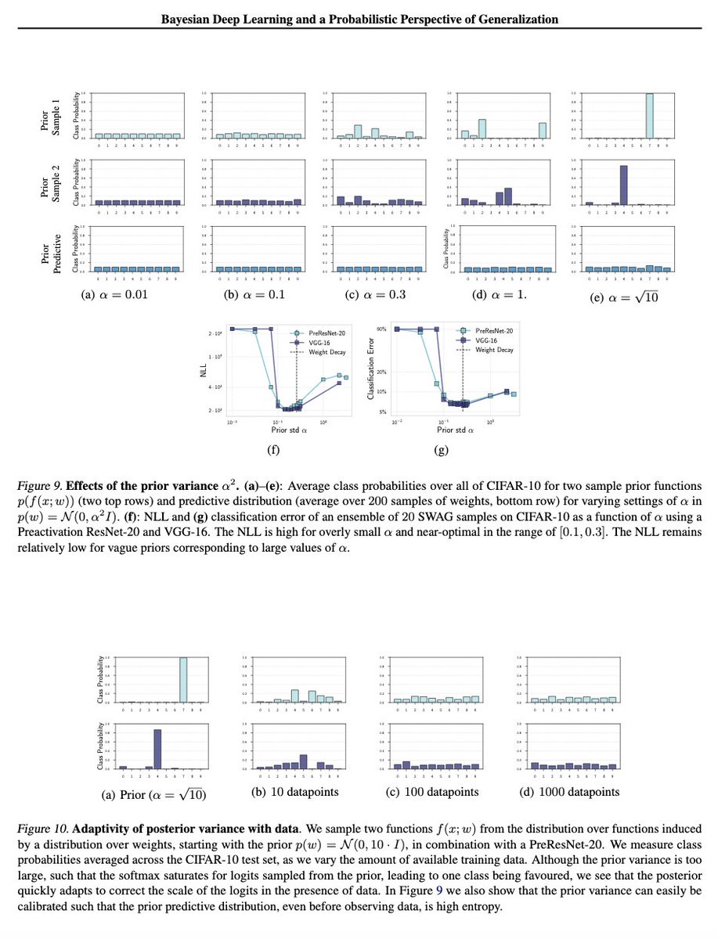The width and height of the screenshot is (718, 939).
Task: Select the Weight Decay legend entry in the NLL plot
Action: [x=319, y=353]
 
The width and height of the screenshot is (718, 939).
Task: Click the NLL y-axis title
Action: [x=202, y=375]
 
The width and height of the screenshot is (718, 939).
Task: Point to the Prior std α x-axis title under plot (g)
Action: [x=456, y=430]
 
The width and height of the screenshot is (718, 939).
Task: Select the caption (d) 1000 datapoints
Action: [x=569, y=791]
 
